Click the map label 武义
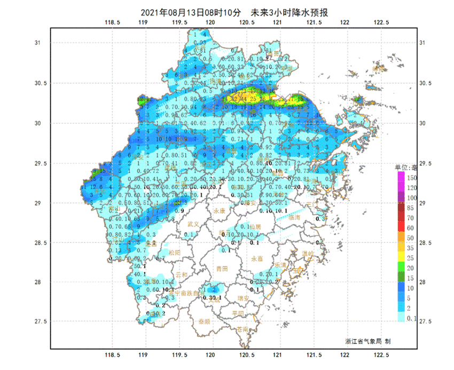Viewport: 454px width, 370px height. (193, 224)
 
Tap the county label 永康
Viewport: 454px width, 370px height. (220, 211)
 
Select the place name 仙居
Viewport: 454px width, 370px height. (254, 227)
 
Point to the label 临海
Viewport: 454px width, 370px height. (294, 218)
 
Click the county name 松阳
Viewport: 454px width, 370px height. (175, 253)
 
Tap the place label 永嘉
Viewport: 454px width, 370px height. (257, 258)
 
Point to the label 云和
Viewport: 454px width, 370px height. (182, 275)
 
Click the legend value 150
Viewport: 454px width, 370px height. (412, 177)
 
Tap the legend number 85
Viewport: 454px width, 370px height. (411, 208)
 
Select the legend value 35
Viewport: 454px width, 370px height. (411, 248)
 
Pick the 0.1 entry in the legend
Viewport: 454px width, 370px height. (412, 319)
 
